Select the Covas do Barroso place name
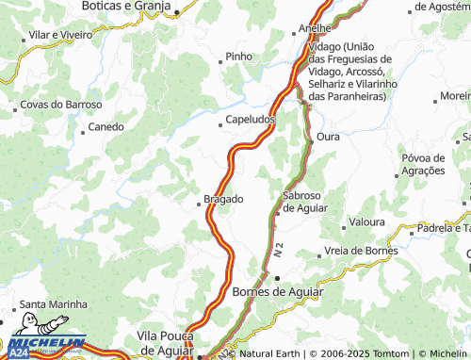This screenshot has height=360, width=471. [x=67, y=105]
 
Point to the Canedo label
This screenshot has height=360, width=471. [x=106, y=126]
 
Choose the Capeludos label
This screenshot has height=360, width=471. [x=251, y=121]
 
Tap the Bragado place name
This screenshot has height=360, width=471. [x=224, y=199]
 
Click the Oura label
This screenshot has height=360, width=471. [x=328, y=137]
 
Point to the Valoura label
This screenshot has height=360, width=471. [x=367, y=222]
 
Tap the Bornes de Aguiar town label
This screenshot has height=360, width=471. [x=277, y=292]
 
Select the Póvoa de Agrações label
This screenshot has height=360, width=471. [x=422, y=164]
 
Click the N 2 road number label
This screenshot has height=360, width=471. [x=280, y=252]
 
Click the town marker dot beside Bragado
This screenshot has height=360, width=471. [x=200, y=199]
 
